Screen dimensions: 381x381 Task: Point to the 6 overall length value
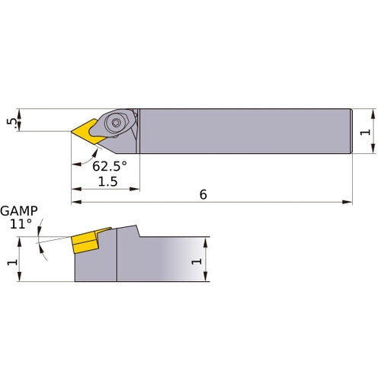pyautogui.click(x=203, y=194)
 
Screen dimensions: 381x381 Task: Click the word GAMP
pyautogui.click(x=18, y=211)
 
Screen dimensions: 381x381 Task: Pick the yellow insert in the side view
pyautogui.click(x=86, y=243)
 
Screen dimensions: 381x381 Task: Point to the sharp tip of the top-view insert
pyautogui.click(x=72, y=132)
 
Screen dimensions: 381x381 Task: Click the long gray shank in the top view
pyautogui.click(x=244, y=131)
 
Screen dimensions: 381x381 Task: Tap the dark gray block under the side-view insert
pyautogui.click(x=95, y=267)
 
